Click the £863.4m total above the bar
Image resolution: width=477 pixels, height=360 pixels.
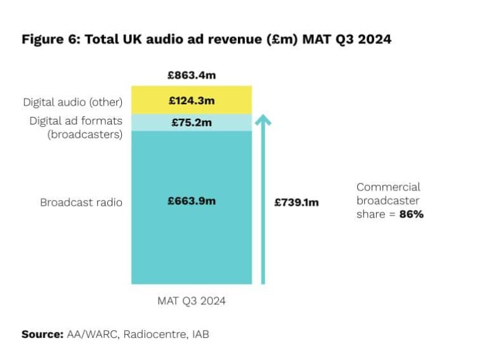pos(192,76)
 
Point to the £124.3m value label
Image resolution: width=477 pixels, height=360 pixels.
pos(192,100)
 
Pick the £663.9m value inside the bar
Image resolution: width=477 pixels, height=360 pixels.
pos(192,201)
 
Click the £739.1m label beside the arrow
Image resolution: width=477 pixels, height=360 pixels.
pos(296,203)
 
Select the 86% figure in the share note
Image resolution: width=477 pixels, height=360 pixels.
pos(411,215)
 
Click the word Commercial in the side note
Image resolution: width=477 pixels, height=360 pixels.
pos(388,187)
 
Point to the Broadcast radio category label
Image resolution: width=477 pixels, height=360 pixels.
pos(81,203)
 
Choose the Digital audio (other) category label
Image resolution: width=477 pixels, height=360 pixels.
pos(72,102)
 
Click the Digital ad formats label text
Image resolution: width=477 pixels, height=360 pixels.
pos(75,121)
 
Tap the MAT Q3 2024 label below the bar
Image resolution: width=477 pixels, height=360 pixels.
pos(192,301)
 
